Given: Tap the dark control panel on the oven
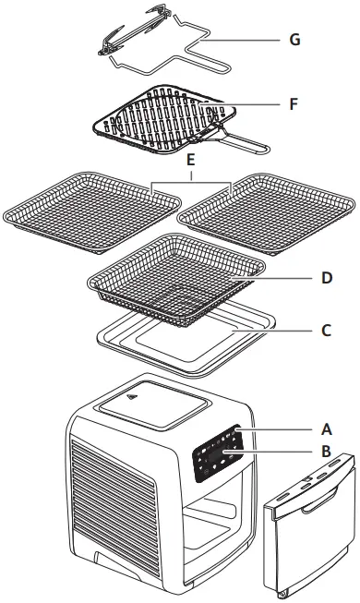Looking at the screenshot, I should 219,452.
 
